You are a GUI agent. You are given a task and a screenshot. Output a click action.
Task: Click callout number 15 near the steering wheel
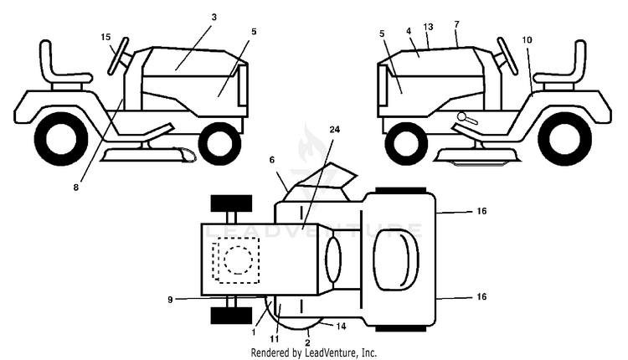[x=106, y=37]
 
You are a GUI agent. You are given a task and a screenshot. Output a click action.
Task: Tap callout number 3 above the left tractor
[x=214, y=17]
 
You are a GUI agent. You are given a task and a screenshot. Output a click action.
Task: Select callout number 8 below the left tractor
[x=76, y=187]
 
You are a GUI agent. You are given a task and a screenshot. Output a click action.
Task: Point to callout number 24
[x=335, y=129]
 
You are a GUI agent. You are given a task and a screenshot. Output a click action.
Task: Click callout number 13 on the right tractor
[x=428, y=27]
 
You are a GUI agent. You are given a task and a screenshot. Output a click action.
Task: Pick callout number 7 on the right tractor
[x=456, y=24]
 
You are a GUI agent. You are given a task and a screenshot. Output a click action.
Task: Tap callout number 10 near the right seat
[x=527, y=39]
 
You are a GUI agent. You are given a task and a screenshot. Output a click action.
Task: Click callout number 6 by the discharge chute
[x=272, y=160]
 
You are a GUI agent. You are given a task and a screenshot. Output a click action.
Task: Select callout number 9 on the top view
[x=170, y=300]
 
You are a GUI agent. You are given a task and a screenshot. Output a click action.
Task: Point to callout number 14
[x=341, y=327]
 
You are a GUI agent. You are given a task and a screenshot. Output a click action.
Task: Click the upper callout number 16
[x=481, y=211]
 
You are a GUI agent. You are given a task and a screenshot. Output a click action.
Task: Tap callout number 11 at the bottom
[x=275, y=339]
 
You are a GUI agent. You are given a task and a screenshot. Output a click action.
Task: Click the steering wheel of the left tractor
[x=118, y=56]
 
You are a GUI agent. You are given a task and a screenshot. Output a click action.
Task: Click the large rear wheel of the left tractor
[x=61, y=138]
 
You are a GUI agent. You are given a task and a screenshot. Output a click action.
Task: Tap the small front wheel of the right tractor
[x=406, y=142]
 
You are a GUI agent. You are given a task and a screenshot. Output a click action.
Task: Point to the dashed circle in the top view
[x=239, y=260]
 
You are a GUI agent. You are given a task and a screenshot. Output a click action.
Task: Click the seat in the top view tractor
[x=396, y=260]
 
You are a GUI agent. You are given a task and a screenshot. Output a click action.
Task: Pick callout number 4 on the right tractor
[x=409, y=31]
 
